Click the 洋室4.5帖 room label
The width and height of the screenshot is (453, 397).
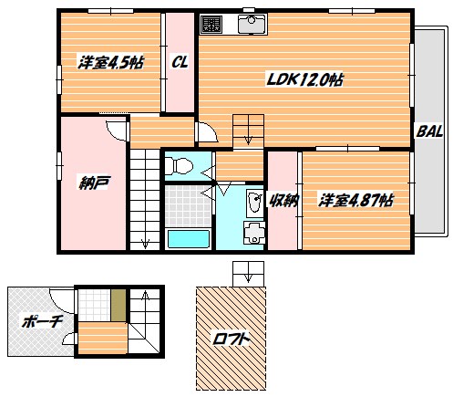coord(110,63)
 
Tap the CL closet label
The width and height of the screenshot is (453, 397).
coord(180,62)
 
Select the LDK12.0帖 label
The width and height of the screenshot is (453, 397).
coord(304,79)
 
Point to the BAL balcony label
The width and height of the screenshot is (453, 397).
coord(429,131)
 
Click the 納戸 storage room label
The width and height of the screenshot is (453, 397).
coord(93,183)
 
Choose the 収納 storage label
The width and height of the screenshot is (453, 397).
coord(283,200)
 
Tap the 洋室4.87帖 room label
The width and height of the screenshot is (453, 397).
coord(355,200)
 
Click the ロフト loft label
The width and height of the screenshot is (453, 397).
coord(231,339)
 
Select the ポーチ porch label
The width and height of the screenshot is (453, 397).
coord(42,321)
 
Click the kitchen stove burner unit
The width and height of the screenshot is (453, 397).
coord(211,24)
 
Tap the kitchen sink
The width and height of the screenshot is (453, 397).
coord(252,24)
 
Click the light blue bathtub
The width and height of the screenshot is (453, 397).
coord(189,239)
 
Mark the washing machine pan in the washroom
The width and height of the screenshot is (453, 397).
coord(254,233)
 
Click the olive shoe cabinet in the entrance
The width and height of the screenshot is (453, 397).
coord(118,305)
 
